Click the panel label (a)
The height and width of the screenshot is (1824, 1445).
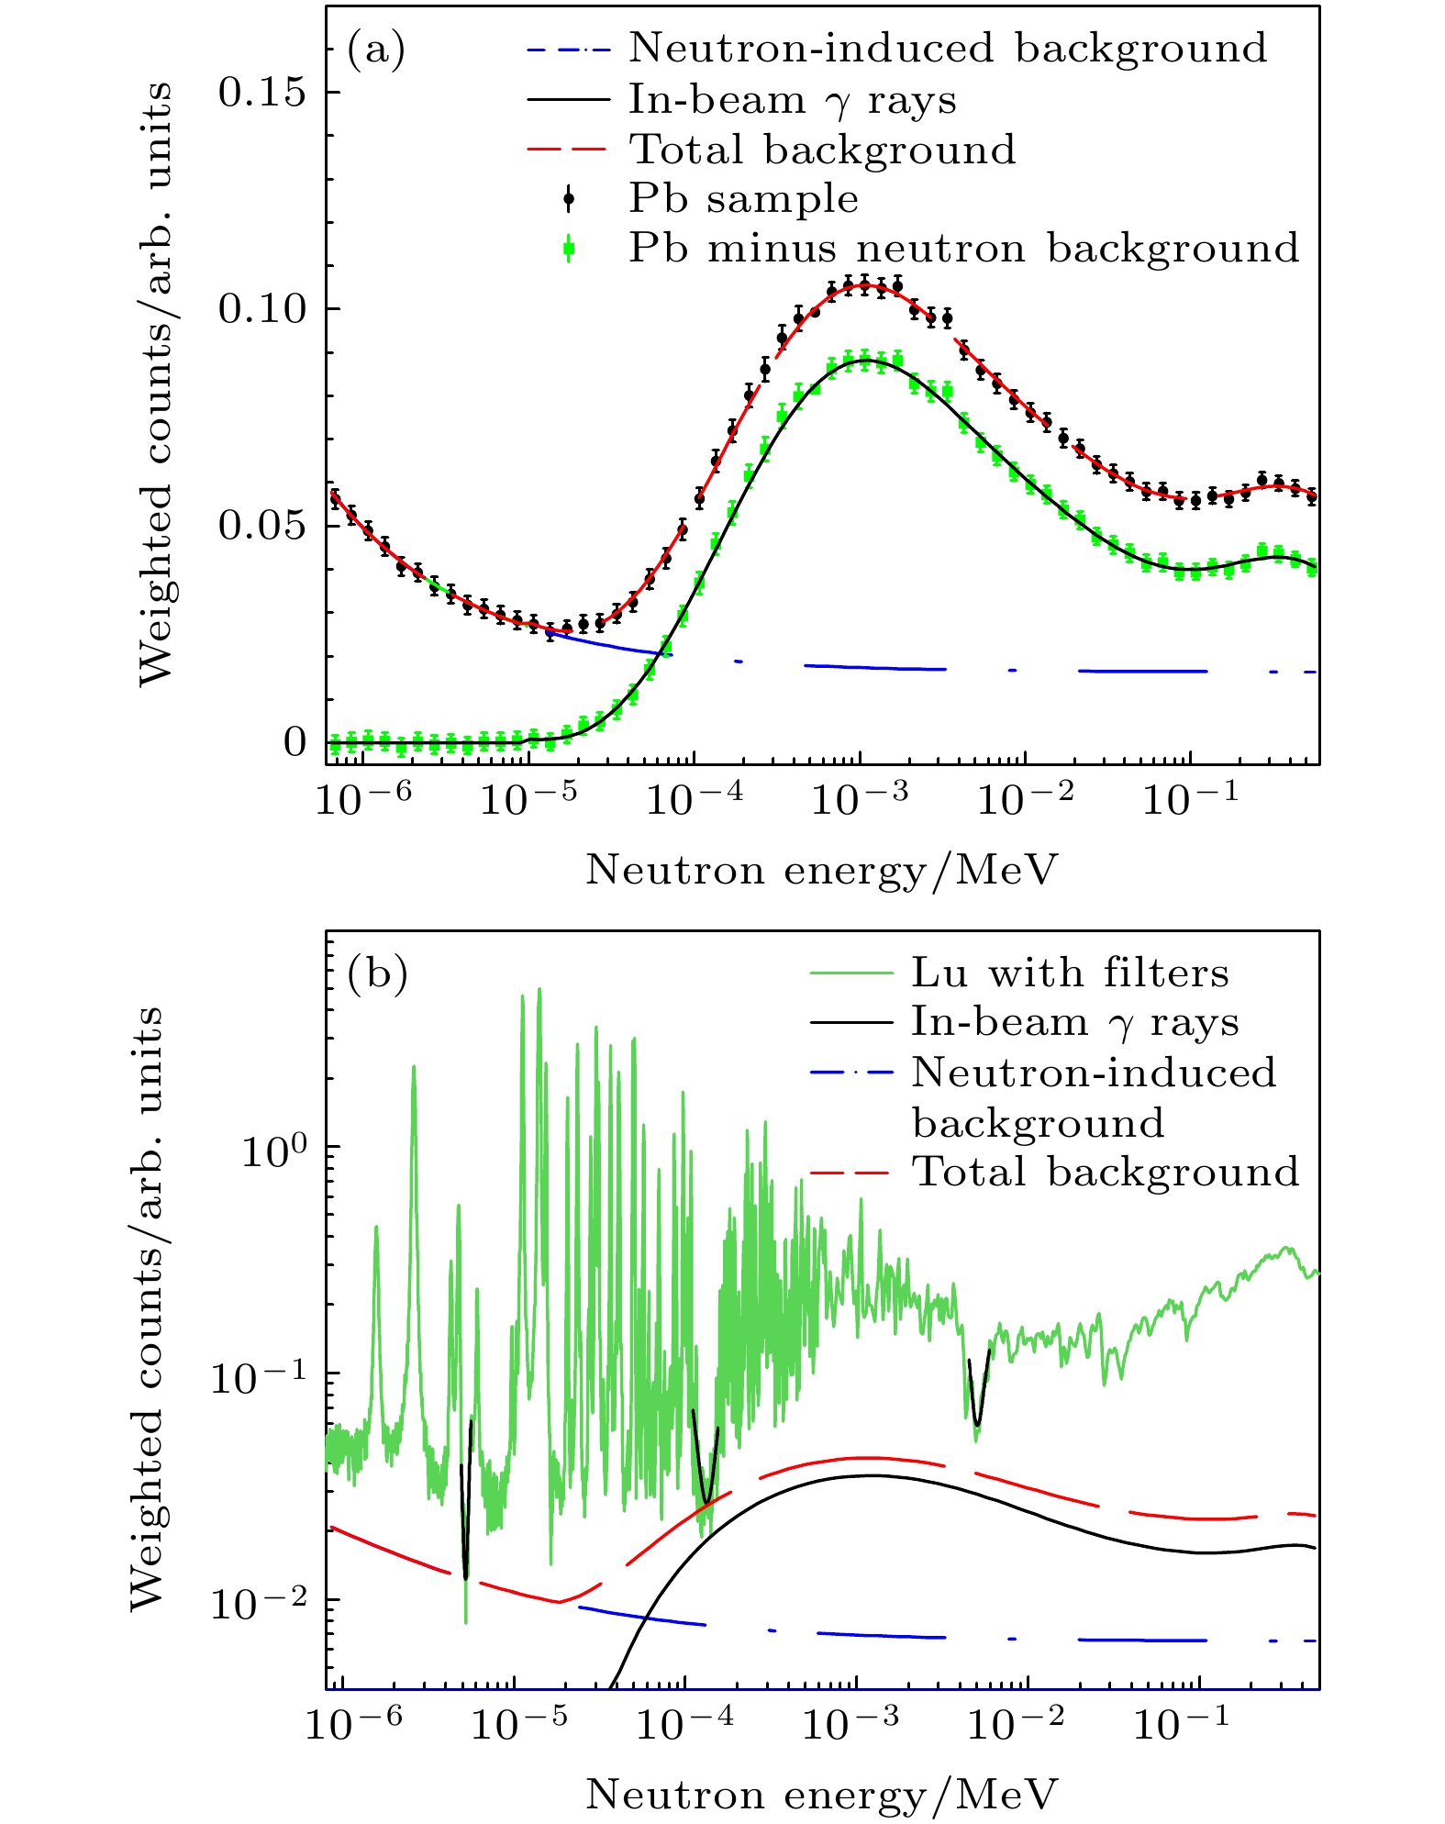click(375, 50)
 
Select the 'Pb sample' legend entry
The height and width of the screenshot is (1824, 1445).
click(743, 199)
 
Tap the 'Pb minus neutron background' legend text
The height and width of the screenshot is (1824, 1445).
click(963, 249)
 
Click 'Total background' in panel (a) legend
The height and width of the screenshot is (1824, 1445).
click(822, 150)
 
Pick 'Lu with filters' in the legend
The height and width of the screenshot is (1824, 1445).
click(1070, 973)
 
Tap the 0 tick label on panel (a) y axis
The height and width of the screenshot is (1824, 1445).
click(295, 741)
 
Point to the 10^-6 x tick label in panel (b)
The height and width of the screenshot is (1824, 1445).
click(353, 1724)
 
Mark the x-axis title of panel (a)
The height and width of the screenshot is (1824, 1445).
click(822, 869)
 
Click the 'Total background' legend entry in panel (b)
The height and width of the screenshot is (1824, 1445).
click(1105, 1172)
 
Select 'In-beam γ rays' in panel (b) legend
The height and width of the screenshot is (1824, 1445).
click(1074, 1022)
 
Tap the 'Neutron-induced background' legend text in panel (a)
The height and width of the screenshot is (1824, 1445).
click(947, 48)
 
